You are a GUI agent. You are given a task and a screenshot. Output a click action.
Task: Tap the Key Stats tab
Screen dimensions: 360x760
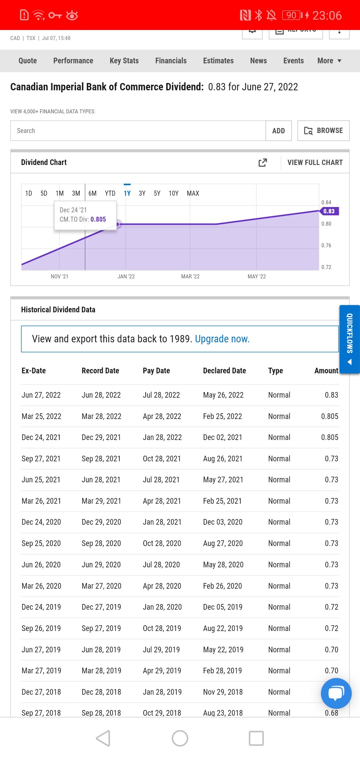point(124,61)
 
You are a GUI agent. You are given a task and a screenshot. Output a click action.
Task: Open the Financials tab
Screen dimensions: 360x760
point(171,61)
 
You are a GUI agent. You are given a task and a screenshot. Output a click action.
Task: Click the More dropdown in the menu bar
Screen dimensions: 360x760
point(329,61)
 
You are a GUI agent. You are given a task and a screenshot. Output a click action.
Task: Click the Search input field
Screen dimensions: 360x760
point(138,131)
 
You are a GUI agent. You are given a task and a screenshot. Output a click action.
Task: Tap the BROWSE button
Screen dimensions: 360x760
point(323,131)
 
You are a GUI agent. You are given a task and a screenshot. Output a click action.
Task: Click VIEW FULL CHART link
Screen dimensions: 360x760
point(315,162)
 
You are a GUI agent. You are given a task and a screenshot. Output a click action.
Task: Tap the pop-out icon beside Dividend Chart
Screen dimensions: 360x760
point(263,162)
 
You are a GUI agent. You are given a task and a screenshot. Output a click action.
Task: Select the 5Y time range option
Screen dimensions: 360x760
point(157,193)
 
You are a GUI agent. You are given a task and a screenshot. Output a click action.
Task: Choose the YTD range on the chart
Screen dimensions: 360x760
point(110,193)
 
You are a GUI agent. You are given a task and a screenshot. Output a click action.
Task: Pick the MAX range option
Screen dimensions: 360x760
point(193,193)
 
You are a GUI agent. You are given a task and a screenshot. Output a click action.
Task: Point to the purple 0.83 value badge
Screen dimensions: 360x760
point(329,211)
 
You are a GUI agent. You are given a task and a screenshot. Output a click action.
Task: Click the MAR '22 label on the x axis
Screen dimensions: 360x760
point(190,276)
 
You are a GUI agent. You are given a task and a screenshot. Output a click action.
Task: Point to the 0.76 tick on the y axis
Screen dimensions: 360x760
point(326,245)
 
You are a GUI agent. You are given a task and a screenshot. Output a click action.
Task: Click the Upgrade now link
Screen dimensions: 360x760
point(222,339)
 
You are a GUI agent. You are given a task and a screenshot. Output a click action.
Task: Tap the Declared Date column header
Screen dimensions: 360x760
point(224,371)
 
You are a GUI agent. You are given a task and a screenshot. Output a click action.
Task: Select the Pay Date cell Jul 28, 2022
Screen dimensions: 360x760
point(161,395)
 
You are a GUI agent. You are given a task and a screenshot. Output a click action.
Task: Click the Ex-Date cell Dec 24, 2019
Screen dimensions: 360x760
point(41,607)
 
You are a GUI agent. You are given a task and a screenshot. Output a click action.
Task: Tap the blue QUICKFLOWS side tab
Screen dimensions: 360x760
point(349,339)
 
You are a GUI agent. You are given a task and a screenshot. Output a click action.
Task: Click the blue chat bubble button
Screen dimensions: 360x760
point(336,693)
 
